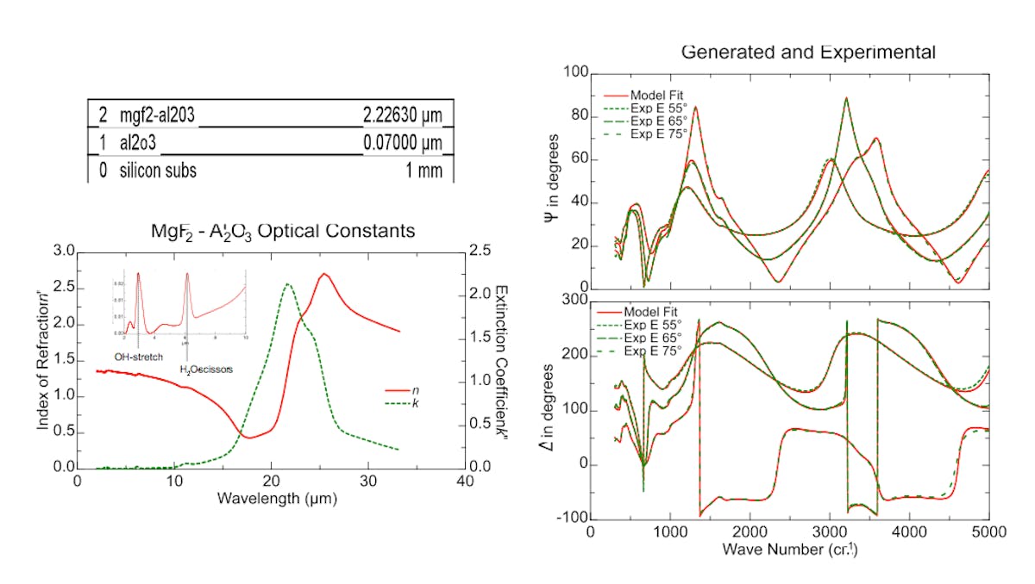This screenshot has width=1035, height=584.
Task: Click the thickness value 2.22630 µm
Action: coord(403,114)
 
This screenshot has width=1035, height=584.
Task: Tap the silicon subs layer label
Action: coord(158,171)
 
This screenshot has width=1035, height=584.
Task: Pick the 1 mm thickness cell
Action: coord(423,171)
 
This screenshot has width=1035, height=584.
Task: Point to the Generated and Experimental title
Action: coord(807,53)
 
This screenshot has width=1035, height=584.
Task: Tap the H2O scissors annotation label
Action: coord(206,369)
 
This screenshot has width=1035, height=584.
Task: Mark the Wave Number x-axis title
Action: coord(788,549)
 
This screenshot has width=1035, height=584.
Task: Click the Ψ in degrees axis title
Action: coord(553,182)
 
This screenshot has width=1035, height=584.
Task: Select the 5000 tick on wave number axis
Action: coord(988,532)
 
